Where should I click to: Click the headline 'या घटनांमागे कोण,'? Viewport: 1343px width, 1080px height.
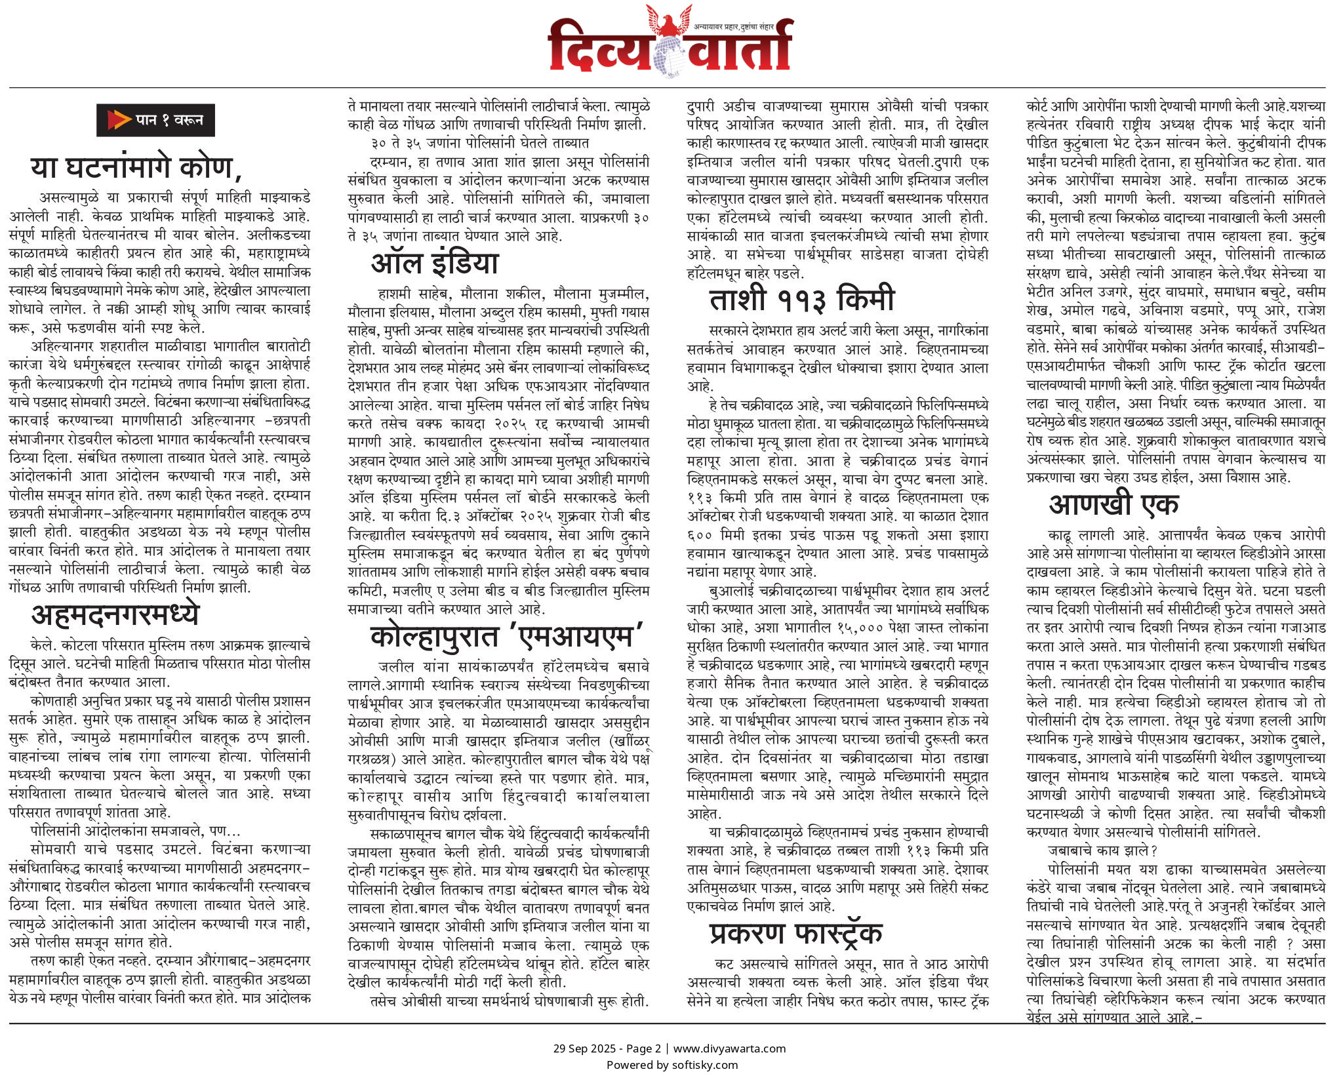[x=136, y=167]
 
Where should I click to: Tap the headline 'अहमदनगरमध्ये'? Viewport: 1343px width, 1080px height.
[x=115, y=615]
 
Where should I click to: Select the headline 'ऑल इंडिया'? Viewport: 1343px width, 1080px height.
[x=435, y=263]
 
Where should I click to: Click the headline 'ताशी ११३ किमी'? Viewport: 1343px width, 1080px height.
[x=801, y=299]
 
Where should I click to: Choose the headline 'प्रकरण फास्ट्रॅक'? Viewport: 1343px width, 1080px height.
[x=795, y=934]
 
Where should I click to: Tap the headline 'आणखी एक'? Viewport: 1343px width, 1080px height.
[x=1113, y=504]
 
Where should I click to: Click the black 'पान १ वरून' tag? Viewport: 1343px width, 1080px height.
[x=155, y=120]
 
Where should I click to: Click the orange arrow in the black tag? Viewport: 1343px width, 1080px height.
[x=119, y=120]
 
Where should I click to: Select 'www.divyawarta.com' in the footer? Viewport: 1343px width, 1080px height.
[x=729, y=1048]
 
